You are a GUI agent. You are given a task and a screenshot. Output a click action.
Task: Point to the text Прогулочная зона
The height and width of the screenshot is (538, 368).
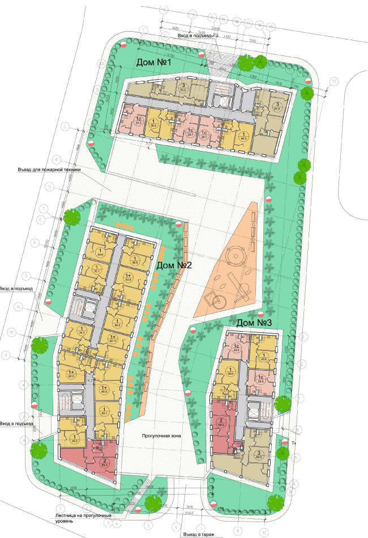coord(161,436)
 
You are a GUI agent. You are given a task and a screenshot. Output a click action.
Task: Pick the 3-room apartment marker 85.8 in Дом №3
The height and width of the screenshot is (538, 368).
coord(260,455)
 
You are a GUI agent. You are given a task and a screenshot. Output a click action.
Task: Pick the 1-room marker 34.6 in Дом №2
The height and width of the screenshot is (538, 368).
coord(100,253)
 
